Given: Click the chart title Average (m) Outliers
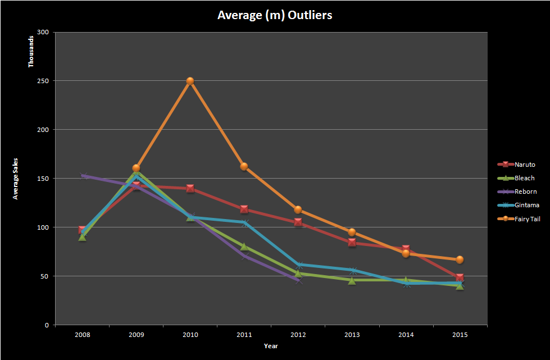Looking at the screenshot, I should click(x=275, y=15).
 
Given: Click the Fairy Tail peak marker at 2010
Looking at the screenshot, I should click(x=190, y=81).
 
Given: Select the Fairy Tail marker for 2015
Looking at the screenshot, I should click(x=460, y=259).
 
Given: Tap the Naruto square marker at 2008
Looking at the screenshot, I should click(x=83, y=230).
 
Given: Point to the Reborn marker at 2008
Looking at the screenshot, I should click(x=83, y=176).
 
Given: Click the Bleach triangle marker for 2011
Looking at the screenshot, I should click(x=244, y=247).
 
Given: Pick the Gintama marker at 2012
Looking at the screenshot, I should click(x=298, y=265).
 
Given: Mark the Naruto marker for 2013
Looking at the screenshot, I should click(x=352, y=243).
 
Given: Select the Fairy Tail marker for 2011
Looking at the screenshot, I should click(x=244, y=166).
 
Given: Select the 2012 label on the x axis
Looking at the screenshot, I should click(x=298, y=335).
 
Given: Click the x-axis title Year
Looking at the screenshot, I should click(x=271, y=346).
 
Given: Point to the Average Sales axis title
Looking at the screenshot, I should click(x=16, y=178).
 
